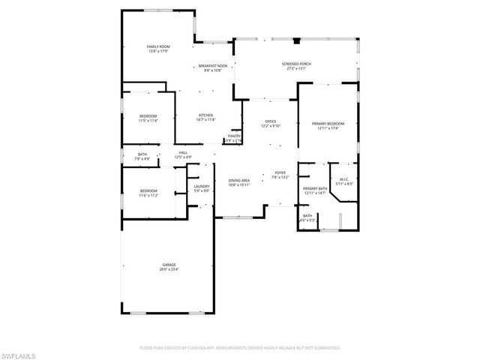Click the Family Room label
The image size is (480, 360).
pyautogui.click(x=157, y=46)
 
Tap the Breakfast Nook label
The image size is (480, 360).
pyautogui.click(x=212, y=67)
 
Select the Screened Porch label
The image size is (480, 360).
pyautogui.click(x=297, y=65)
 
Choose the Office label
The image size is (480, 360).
pyautogui.click(x=270, y=121)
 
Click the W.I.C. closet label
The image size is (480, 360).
pyautogui.click(x=344, y=179)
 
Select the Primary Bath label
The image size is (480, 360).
pyautogui.click(x=315, y=189)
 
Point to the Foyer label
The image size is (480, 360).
pyautogui.click(x=280, y=173)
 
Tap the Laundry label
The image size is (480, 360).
pyautogui.click(x=201, y=186)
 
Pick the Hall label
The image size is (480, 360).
pyautogui.click(x=183, y=152)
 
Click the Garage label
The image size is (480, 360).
pyautogui.click(x=169, y=265)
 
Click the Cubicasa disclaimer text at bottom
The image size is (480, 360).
pyautogui.click(x=239, y=348)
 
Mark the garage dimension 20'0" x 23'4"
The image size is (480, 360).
pyautogui.click(x=169, y=269)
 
